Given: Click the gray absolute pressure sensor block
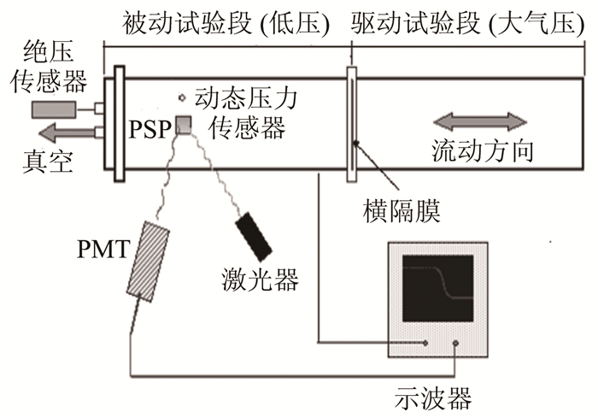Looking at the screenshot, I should point(54,109).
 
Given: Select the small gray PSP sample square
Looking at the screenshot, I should point(183,123).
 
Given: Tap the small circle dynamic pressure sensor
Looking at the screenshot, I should point(181,97).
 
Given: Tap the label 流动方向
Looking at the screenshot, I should point(484,151).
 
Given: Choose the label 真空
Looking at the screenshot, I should point(43,161).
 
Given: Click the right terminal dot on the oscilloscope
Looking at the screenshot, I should point(456,344).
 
